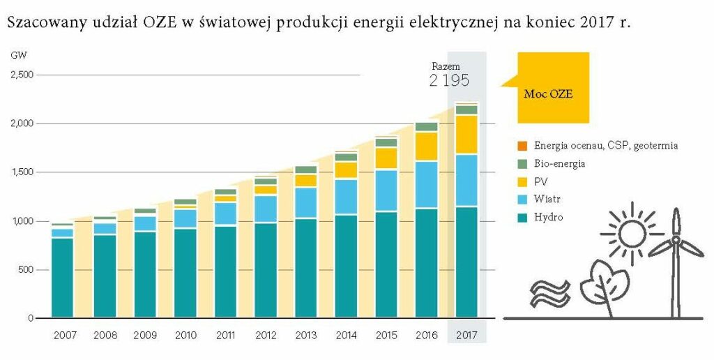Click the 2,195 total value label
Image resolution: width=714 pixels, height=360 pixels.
point(449,81)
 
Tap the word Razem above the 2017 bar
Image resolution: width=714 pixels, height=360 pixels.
point(446,66)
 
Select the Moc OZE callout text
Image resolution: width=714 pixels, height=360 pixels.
point(548,94)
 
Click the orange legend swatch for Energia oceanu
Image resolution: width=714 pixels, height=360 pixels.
point(522,146)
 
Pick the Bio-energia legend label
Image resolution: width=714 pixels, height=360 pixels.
point(560,163)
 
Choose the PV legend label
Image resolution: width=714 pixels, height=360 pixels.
point(540,182)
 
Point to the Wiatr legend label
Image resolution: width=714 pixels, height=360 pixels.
point(547,199)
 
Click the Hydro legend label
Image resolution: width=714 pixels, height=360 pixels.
point(549,218)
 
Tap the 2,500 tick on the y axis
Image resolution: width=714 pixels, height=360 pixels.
point(22,75)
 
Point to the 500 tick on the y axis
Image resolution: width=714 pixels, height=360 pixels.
point(27,270)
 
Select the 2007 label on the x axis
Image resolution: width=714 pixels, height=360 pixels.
point(65,336)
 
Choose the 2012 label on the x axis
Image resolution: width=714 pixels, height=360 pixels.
point(266,336)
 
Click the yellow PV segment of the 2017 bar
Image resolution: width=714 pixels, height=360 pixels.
point(466,135)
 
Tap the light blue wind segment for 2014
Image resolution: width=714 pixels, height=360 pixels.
point(346,197)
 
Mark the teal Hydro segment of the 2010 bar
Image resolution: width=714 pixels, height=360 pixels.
point(185,273)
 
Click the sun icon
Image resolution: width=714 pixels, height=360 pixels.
point(632,233)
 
